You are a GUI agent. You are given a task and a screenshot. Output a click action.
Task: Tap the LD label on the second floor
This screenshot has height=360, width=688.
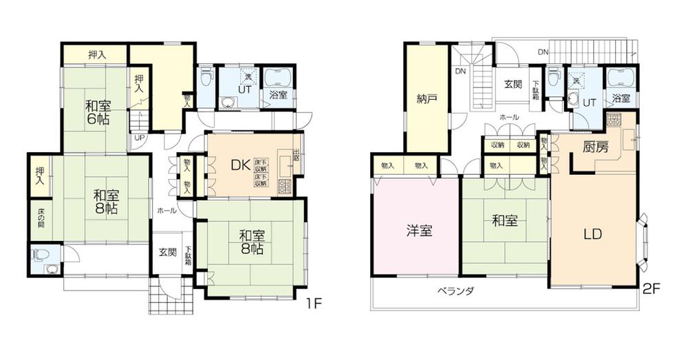coord(593,233)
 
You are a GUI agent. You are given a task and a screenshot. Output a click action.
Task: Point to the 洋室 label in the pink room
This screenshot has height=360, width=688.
coord(418,231)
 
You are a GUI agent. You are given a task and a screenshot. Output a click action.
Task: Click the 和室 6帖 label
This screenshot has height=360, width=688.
coord(98,112)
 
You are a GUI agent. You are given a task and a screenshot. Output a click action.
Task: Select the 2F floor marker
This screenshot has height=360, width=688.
coord(652,289)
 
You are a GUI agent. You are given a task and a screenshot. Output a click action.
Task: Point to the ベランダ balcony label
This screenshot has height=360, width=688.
coord(456,290)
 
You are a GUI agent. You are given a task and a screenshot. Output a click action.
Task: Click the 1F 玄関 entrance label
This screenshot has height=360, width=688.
coord(168,253)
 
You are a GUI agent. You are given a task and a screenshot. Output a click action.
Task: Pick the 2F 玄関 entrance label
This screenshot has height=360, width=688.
coord(513,85)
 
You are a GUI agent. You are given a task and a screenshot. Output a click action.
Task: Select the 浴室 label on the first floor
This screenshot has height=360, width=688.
coord(279,94)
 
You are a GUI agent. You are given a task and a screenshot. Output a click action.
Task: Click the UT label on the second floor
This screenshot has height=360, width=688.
coord(590,101)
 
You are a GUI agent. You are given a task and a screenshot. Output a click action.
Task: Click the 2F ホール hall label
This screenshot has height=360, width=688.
coord(509,118)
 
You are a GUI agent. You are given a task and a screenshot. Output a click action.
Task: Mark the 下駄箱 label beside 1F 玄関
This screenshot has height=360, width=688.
coord(188,256)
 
